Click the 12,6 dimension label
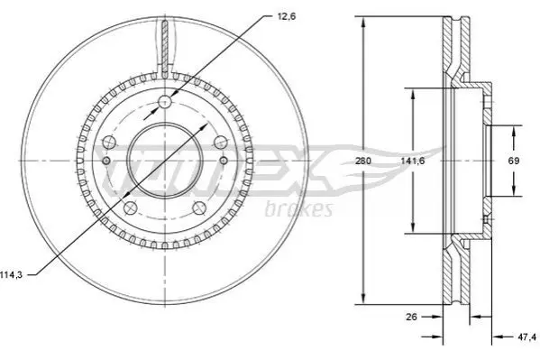point(286,16)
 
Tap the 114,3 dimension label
point(11,275)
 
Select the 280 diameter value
point(363,161)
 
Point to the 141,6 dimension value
point(412,161)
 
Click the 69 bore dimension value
point(514,161)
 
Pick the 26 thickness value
point(411,317)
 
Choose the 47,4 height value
point(526,337)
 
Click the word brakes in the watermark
point(299,209)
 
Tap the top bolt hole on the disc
point(165,102)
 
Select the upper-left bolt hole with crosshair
point(109,142)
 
